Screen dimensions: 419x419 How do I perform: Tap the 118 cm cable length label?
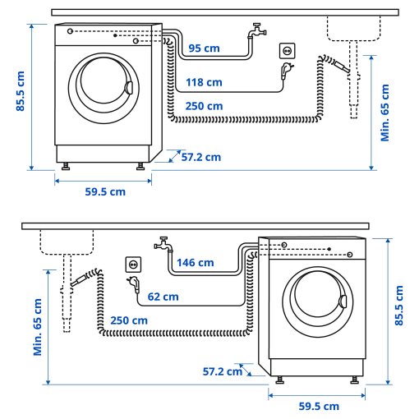205,81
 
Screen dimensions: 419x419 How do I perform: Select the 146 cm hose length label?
196,263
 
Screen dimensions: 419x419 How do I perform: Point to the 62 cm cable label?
163,296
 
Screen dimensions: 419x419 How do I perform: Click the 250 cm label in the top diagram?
204,106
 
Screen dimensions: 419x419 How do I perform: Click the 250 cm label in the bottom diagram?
129,320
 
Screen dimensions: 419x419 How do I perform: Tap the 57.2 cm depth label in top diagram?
201,156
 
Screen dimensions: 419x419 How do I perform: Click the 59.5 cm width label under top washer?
105,191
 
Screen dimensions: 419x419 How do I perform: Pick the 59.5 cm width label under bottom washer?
320,407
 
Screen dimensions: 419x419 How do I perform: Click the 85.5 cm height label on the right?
398,306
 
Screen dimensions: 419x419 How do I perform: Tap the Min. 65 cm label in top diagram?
385,111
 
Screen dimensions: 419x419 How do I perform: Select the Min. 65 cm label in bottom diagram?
38,326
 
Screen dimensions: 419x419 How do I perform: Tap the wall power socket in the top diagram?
287,51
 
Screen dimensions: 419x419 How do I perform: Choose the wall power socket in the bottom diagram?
132,265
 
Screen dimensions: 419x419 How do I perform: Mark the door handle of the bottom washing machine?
340,302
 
